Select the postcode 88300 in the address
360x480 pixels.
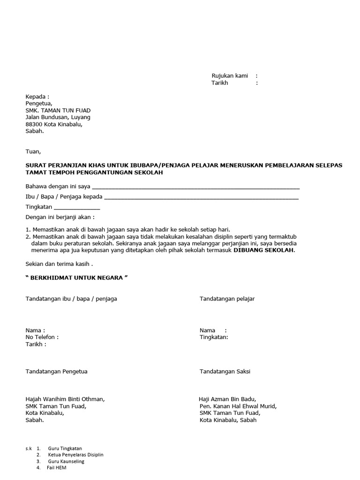pos(34,124)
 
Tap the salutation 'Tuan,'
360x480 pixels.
pos(33,151)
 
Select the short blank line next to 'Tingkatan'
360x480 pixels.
pos(77,207)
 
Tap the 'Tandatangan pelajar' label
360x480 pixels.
pos(227,299)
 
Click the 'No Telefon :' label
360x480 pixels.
pos(42,337)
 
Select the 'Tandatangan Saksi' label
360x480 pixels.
pos(225,372)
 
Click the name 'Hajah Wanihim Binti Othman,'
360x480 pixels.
pos(65,399)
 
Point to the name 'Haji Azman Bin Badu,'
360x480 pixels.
pos(227,399)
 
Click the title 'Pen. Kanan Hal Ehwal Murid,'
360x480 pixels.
pos(238,406)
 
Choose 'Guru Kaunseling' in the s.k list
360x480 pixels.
pos(66,461)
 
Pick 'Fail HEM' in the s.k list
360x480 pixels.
pos(56,468)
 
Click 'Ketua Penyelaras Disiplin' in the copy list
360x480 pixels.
pos(75,455)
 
